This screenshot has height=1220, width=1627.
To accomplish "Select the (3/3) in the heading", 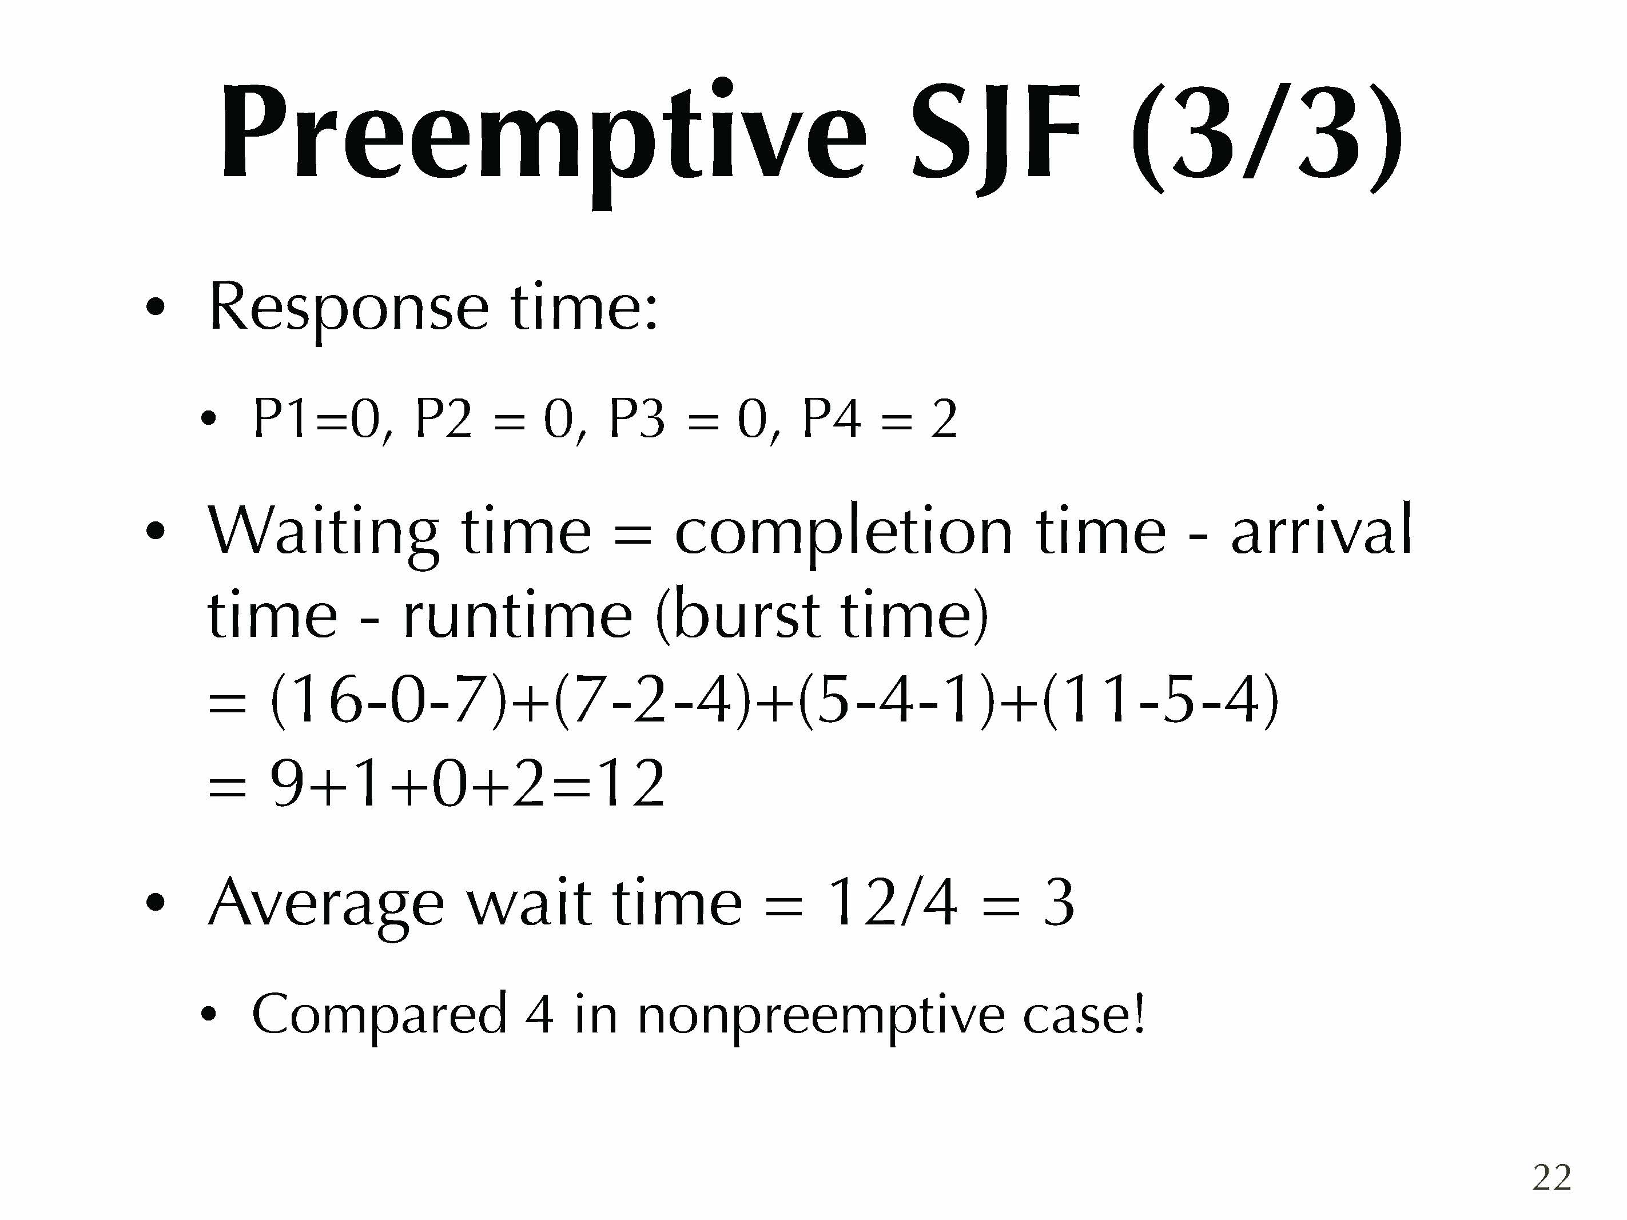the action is pyautogui.click(x=1266, y=136).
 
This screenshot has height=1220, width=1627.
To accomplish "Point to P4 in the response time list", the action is pyautogui.click(x=830, y=420).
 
